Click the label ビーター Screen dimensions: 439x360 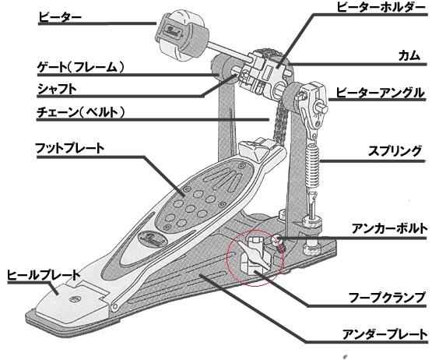[x=60, y=17]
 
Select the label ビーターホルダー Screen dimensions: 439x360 [x=381, y=7]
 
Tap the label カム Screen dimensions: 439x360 [x=409, y=56]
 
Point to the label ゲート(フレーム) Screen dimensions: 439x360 [x=81, y=67]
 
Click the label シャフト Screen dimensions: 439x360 [x=57, y=89]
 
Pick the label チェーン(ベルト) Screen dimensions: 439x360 [x=81, y=112]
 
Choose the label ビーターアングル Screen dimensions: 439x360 [x=380, y=93]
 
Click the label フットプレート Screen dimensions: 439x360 [x=70, y=148]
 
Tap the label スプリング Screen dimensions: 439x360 [x=395, y=151]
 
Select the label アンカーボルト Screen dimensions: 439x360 [x=389, y=229]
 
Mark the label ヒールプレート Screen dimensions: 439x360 [x=44, y=275]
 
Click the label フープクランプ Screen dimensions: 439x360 [x=387, y=298]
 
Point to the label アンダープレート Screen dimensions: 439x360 [x=385, y=334]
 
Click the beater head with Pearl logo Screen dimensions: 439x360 [x=181, y=35]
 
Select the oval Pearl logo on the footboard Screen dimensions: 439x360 [x=152, y=240]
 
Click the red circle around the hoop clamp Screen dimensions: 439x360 [x=227, y=258]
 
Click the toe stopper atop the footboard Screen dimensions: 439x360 [x=255, y=148]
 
